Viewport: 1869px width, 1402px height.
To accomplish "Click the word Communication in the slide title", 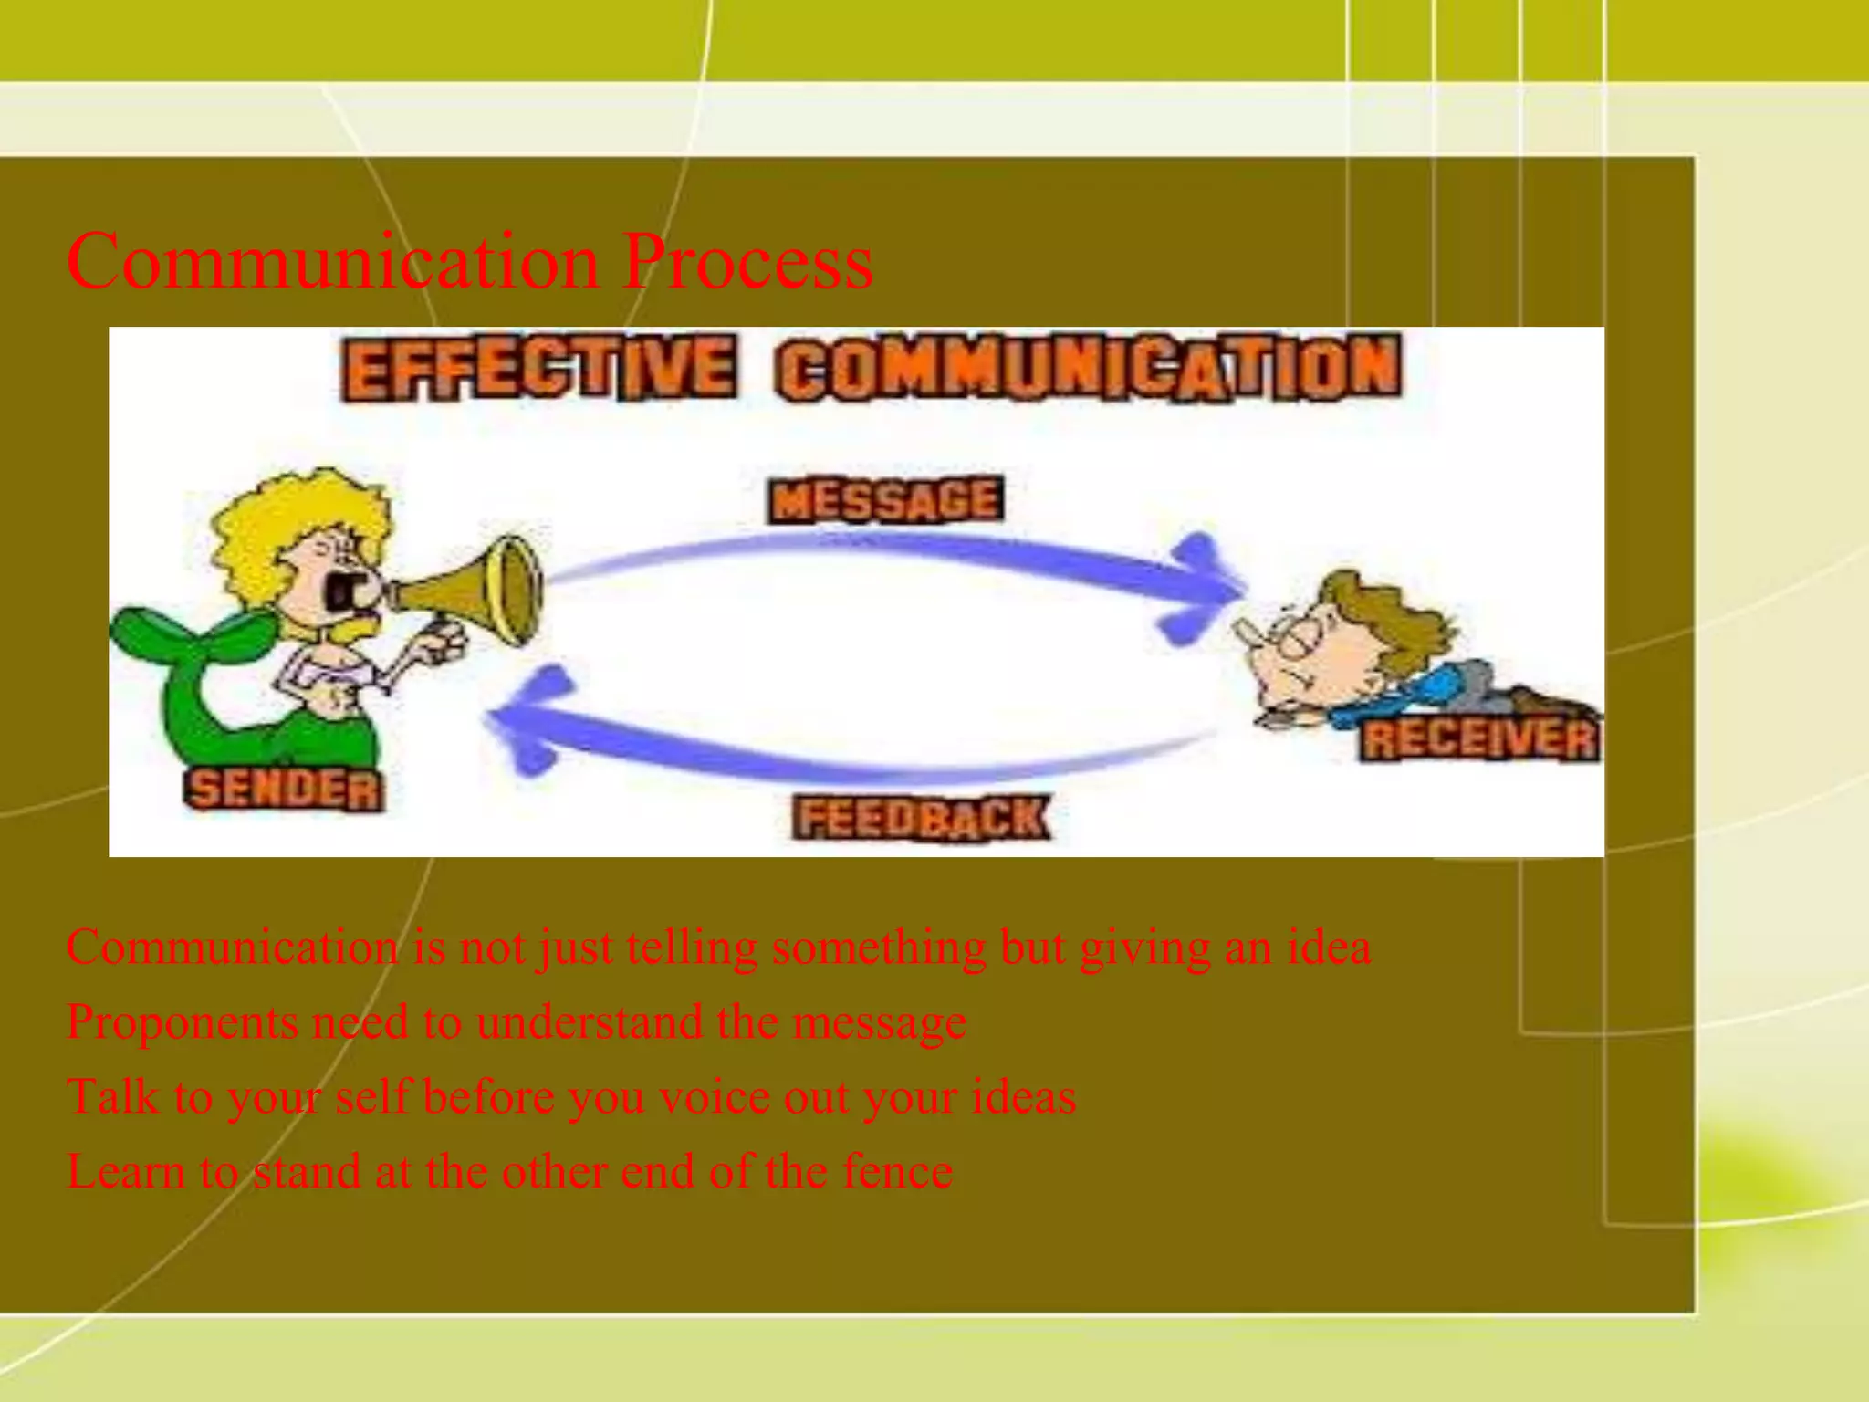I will click(x=333, y=263).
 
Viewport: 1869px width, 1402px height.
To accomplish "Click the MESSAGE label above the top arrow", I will click(x=885, y=500).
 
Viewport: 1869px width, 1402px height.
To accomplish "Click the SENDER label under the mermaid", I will click(x=284, y=790).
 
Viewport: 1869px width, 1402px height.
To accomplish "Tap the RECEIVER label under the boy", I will click(x=1479, y=739).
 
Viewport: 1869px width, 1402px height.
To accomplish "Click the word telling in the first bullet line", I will click(x=692, y=947).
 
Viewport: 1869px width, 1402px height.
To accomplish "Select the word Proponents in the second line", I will click(x=183, y=1022).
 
